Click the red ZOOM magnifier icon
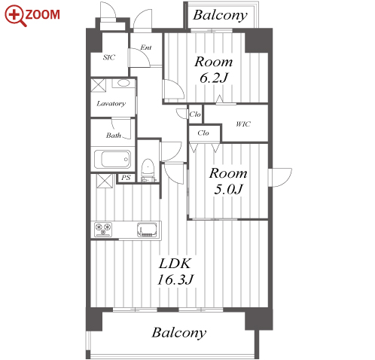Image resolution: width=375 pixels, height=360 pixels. (14, 16)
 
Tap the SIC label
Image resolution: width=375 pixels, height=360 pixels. (109, 57)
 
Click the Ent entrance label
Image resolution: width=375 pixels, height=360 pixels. (146, 47)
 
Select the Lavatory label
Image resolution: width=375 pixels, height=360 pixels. (111, 103)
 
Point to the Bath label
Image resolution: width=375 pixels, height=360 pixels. (114, 136)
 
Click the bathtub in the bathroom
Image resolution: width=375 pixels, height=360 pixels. (112, 159)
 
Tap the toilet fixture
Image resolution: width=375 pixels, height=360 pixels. (148, 169)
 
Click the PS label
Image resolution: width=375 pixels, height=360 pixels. (126, 178)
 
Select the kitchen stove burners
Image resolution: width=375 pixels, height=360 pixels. (103, 230)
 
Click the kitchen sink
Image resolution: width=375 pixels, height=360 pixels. (147, 230)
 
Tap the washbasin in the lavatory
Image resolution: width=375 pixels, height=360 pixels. (123, 83)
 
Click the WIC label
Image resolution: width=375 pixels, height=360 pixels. (243, 124)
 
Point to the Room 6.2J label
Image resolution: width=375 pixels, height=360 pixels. (213, 69)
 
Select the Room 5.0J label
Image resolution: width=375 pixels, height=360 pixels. (228, 181)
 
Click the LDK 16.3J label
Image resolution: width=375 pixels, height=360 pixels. (175, 272)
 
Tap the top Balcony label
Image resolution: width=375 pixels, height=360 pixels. (220, 16)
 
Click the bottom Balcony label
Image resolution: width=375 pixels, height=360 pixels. (178, 333)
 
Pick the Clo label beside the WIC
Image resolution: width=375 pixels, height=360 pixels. (195, 114)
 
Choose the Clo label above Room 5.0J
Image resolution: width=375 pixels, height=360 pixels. (203, 133)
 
